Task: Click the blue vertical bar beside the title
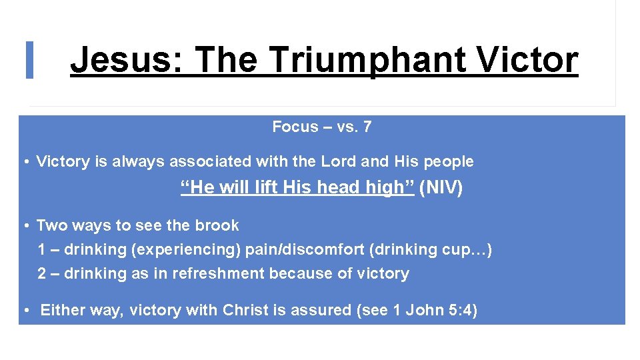click(29, 60)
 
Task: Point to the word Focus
click(294, 127)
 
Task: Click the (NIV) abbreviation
click(441, 188)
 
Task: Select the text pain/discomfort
click(300, 249)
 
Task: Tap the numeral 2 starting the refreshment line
click(42, 273)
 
